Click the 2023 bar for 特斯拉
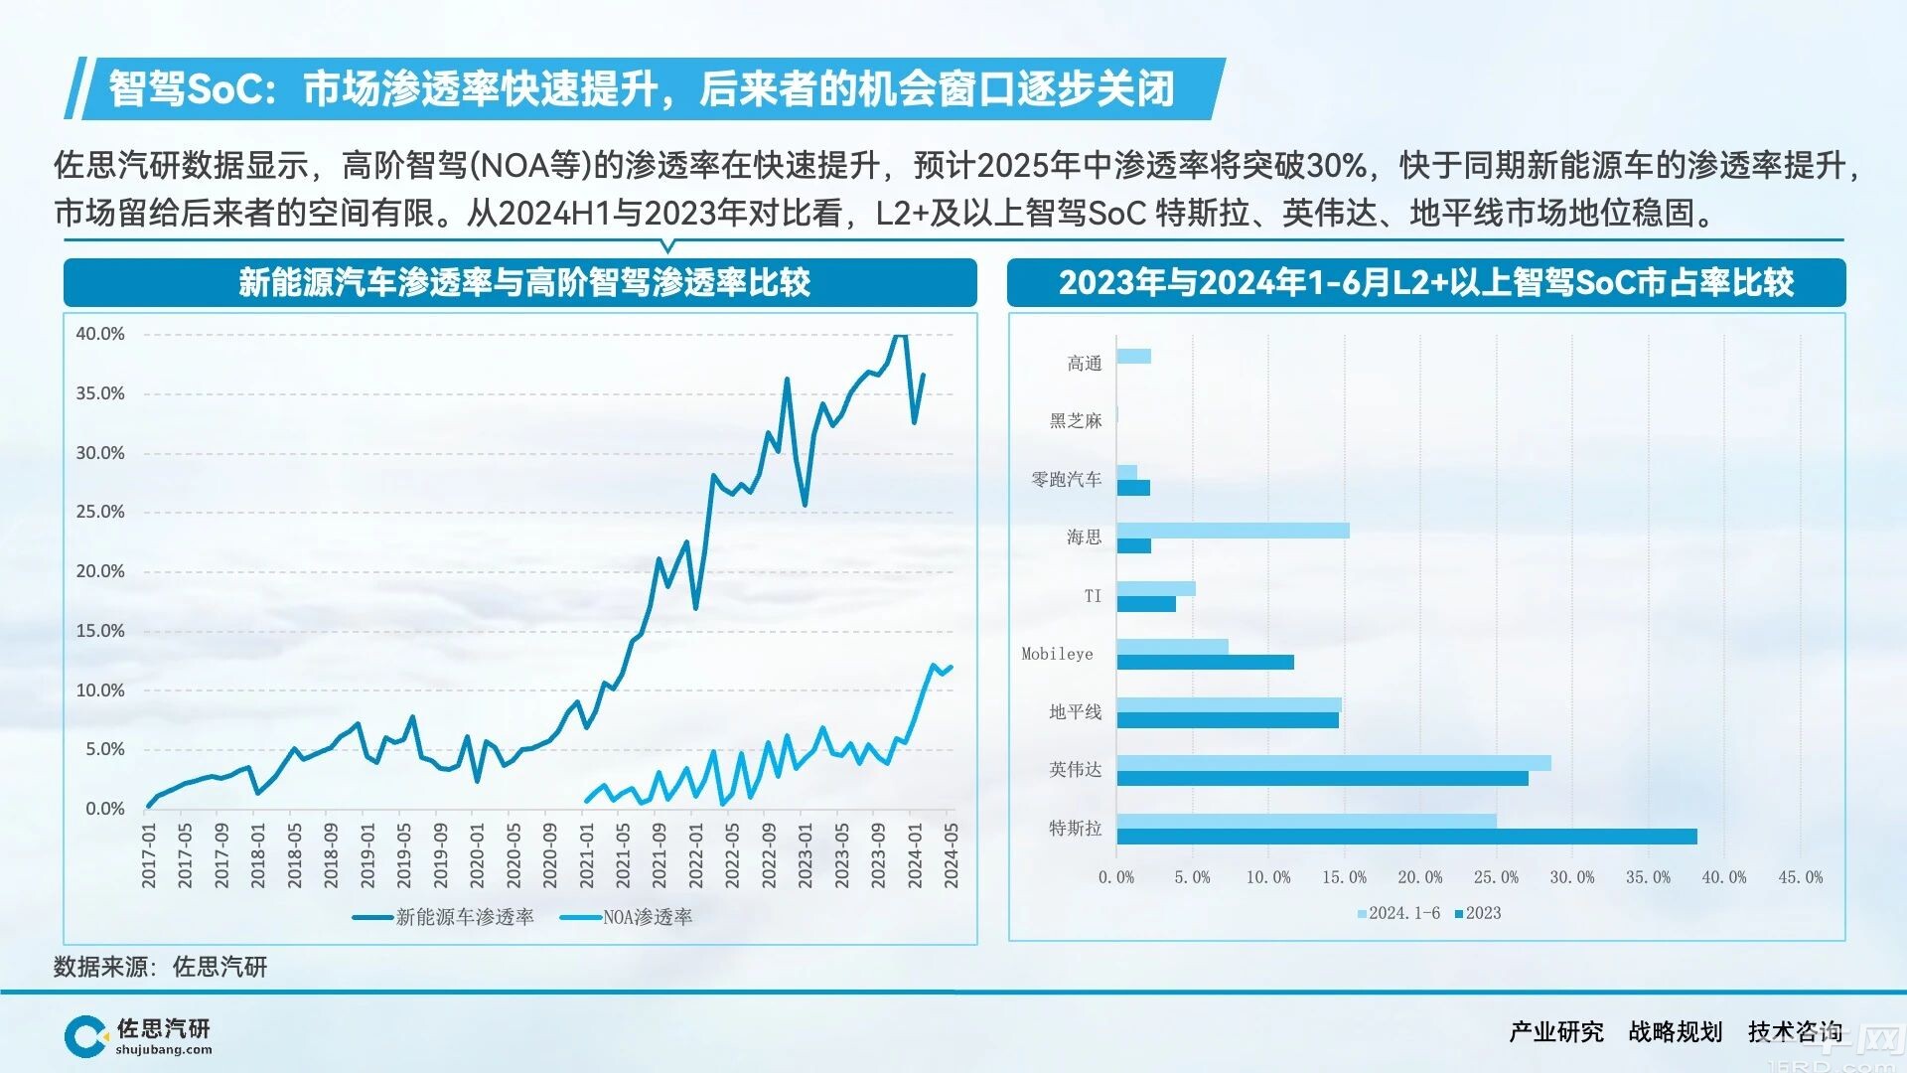(1405, 837)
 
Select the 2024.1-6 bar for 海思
(1233, 531)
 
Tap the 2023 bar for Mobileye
(1205, 662)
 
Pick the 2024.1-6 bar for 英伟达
(1333, 763)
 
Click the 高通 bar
(1133, 356)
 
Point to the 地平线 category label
(1075, 711)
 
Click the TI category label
(1092, 595)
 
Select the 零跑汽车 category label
(1066, 479)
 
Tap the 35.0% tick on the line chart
(100, 393)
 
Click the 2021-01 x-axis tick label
(587, 855)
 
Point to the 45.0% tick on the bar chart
(1800, 877)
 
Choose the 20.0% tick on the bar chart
(1419, 877)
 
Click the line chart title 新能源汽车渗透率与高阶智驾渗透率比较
(523, 283)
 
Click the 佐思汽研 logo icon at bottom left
(85, 1036)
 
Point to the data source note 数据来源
(160, 967)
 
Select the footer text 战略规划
(1675, 1032)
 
